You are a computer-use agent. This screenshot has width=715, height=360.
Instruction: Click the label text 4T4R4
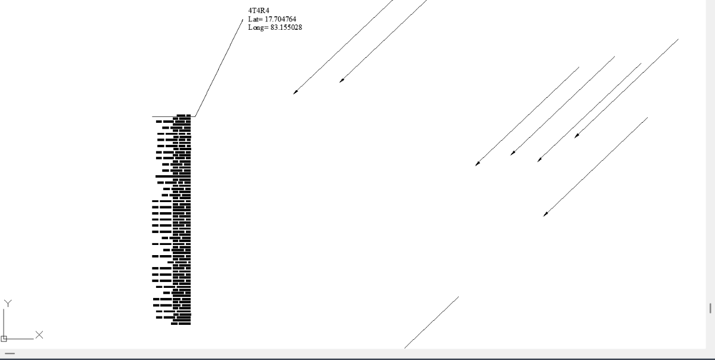pyautogui.click(x=258, y=11)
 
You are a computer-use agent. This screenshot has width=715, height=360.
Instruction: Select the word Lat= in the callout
pyautogui.click(x=255, y=19)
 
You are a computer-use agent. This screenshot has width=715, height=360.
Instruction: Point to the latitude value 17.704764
pyautogui.click(x=280, y=19)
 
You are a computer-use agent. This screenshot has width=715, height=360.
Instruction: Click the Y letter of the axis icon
pyautogui.click(x=7, y=303)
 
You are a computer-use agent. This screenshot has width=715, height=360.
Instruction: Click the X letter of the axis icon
pyautogui.click(x=39, y=334)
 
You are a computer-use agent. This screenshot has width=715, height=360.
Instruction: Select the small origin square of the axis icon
pyautogui.click(x=4, y=339)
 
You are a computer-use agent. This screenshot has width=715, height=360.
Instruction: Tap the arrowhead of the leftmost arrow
pyautogui.click(x=294, y=93)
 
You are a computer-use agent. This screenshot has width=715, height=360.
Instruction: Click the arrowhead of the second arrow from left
pyautogui.click(x=341, y=81)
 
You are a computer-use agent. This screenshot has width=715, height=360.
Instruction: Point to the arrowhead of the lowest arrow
pyautogui.click(x=545, y=215)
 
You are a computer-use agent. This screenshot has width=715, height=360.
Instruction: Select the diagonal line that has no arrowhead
pyautogui.click(x=431, y=322)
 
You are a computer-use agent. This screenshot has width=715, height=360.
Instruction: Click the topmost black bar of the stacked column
pyautogui.click(x=183, y=116)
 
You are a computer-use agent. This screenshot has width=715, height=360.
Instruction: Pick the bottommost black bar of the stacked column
pyautogui.click(x=181, y=324)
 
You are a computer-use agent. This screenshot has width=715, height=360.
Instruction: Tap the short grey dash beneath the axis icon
pyautogui.click(x=10, y=354)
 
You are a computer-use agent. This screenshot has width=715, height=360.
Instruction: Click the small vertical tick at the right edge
pyautogui.click(x=710, y=308)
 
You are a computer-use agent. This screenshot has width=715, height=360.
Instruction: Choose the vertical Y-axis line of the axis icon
pyautogui.click(x=4, y=322)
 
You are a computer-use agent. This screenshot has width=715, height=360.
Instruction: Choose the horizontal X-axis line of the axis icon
pyautogui.click(x=21, y=339)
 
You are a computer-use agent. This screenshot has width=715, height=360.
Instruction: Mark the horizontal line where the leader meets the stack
pyautogui.click(x=164, y=116)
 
